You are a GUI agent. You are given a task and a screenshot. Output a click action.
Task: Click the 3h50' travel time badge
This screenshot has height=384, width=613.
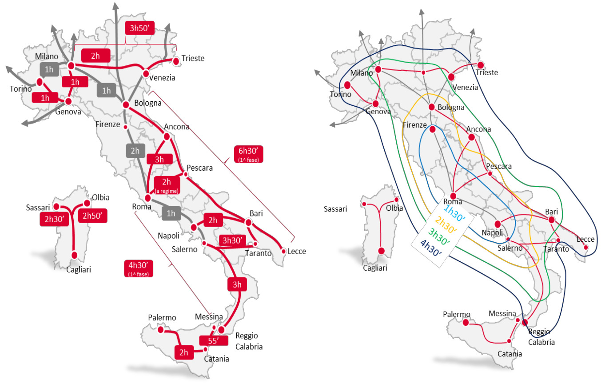click(139, 28)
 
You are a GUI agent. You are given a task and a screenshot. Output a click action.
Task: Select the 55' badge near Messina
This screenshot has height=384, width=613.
click(211, 340)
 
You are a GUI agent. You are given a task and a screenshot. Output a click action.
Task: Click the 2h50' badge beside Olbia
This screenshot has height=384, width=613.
click(93, 216)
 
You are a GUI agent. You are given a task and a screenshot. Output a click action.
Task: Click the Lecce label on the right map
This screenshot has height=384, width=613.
click(585, 239)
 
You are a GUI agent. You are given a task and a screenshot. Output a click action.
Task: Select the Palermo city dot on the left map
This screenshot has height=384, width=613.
click(161, 329)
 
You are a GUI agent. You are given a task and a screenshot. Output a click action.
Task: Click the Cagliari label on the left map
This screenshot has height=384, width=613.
click(79, 269)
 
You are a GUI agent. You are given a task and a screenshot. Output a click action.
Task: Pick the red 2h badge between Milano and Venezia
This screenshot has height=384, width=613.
click(95, 55)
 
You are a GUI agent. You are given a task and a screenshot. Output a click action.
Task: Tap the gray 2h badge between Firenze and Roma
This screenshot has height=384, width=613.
click(135, 151)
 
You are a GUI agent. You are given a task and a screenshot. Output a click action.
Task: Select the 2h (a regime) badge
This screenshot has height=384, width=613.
click(167, 184)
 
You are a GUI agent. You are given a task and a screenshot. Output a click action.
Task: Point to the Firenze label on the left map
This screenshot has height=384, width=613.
click(108, 124)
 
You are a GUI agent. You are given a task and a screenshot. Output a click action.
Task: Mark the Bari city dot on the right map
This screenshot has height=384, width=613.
click(552, 220)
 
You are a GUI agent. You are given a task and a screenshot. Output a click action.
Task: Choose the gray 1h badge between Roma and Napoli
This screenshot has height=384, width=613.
click(171, 213)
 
